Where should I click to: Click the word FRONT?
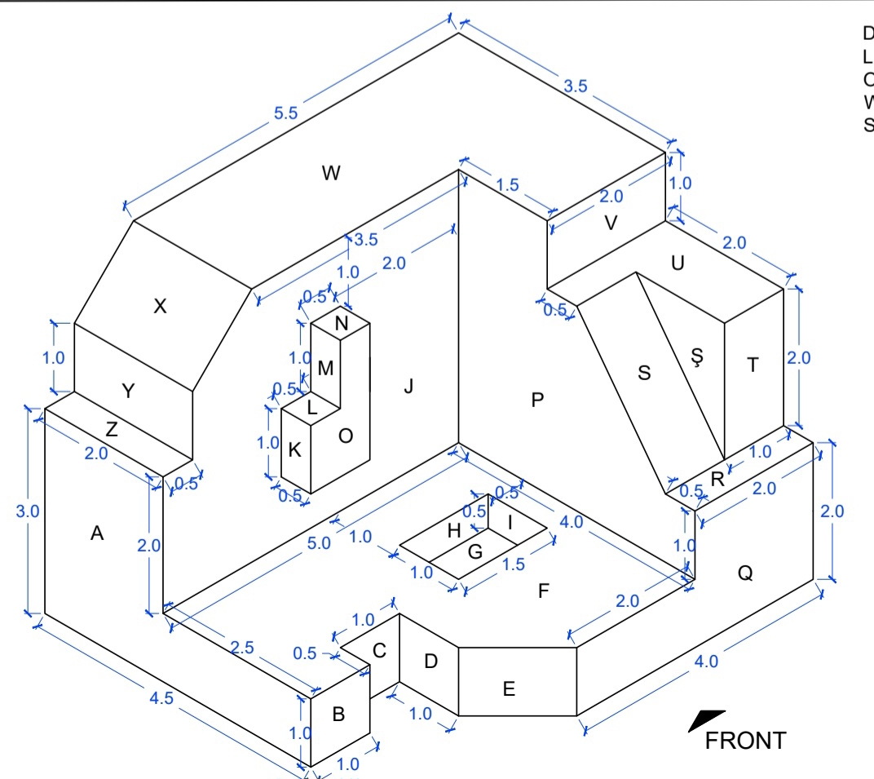tap(745, 741)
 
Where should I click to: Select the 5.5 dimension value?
tap(285, 113)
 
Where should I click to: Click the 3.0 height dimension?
tap(28, 511)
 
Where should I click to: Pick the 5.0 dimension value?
tap(320, 543)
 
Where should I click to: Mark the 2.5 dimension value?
tap(242, 648)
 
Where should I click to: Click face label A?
tap(97, 533)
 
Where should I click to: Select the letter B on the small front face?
tap(338, 715)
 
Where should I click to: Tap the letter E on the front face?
tap(509, 689)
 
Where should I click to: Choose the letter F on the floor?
tap(544, 591)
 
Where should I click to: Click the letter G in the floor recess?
tap(475, 552)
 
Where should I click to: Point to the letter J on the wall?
tap(408, 387)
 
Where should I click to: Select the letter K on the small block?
tap(295, 449)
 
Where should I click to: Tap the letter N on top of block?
tap(342, 323)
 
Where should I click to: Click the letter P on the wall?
tap(537, 400)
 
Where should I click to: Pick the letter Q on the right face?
tap(745, 573)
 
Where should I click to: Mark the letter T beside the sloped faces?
tap(753, 365)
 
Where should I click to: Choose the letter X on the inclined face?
tap(160, 306)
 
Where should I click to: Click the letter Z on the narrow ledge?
tap(112, 431)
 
